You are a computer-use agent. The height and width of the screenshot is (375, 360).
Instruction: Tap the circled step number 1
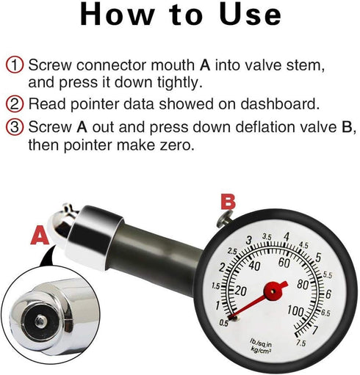coord(15,65)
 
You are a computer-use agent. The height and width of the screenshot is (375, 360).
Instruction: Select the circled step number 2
coord(15,103)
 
